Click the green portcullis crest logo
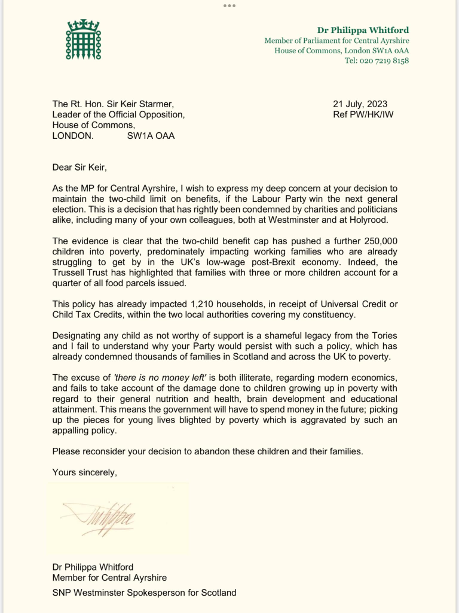point(83,40)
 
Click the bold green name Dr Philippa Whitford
point(363,31)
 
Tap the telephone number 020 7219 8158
point(377,60)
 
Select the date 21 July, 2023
point(360,104)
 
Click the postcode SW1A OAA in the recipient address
point(151,136)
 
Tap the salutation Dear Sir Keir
point(79,167)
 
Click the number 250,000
point(374,241)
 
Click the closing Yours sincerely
point(84,472)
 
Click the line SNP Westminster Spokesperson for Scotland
point(144,593)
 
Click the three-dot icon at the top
point(229,5)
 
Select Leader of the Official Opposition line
point(118,114)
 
